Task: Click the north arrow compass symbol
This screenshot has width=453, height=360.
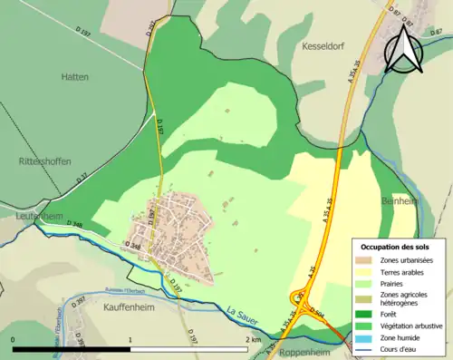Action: pyautogui.click(x=403, y=50)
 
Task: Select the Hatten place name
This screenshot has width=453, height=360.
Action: pyautogui.click(x=76, y=77)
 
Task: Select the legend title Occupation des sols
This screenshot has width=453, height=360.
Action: pyautogui.click(x=397, y=247)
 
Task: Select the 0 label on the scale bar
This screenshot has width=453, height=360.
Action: pyautogui.click(x=13, y=338)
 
